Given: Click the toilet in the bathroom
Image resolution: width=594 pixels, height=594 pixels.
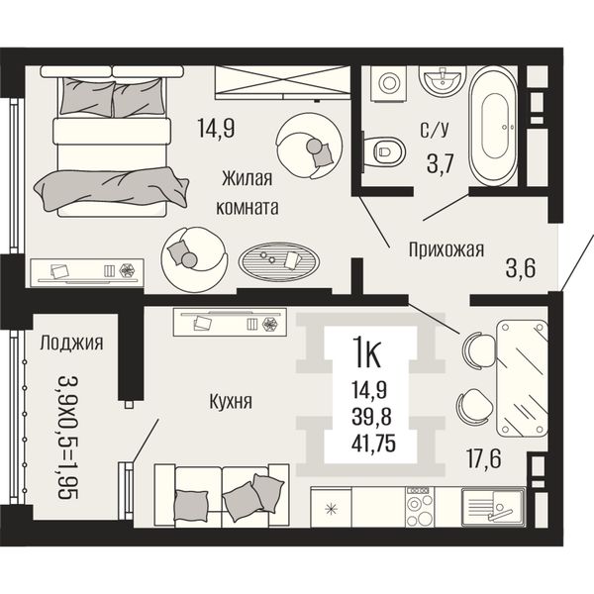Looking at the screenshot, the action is tap(383, 151).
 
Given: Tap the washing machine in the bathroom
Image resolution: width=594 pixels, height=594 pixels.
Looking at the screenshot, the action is tap(388, 83).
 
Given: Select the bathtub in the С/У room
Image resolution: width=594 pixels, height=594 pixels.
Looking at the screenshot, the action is tap(493, 126).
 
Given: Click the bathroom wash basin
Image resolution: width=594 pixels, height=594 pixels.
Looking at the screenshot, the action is tap(443, 80).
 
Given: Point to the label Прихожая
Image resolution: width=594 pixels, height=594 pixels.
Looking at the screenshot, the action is tap(446, 250).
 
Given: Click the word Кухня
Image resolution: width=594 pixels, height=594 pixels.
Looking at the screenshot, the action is tap(231, 402).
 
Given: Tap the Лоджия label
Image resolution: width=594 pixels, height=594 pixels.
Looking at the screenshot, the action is tap(71, 343).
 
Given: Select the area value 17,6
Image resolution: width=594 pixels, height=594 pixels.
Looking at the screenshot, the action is tap(484, 458).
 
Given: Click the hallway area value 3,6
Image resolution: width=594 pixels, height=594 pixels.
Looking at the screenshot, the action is tap(521, 268).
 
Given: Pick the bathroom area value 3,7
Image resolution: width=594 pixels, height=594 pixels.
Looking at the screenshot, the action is tap(441, 164).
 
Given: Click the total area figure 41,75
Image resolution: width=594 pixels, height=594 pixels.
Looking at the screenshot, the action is tap(373, 444).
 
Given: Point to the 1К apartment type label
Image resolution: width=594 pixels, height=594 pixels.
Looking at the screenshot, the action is tap(366, 353).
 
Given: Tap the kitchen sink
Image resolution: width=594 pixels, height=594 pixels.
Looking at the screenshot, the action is tap(493, 507).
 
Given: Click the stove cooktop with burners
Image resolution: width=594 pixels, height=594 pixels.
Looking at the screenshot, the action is tap(420, 507).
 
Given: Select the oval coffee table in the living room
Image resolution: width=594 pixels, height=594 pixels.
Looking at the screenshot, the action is tap(278, 262).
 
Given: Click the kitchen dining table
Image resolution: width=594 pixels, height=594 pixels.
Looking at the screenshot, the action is tap(522, 378).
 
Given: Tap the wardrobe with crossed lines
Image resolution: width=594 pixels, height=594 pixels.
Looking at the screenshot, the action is tap(282, 82).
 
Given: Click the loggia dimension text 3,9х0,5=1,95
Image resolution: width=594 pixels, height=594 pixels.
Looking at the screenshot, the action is tap(68, 438).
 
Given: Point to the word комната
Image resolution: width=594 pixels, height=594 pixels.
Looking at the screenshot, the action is tap(247, 208).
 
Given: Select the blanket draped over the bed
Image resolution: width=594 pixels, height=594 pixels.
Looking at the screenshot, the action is tap(112, 188).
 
